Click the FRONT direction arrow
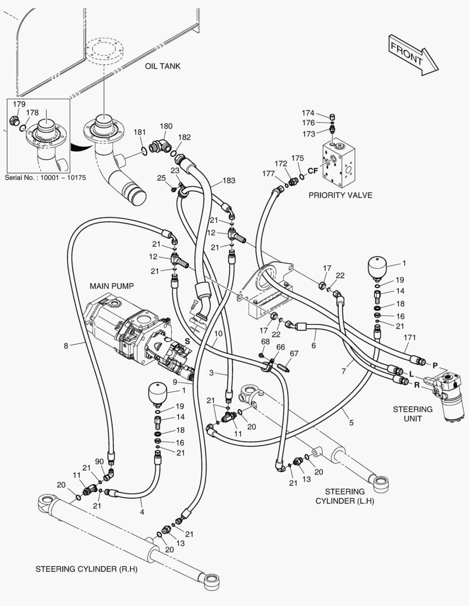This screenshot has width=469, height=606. point(413,55)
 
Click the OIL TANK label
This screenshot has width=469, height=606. point(162,66)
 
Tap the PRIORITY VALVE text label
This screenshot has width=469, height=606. point(340,195)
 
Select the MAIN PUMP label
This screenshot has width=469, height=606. point(112,286)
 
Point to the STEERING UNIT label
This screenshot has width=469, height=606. point(412,414)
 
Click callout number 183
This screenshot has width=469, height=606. point(229,180)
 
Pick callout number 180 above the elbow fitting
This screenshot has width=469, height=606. point(166,126)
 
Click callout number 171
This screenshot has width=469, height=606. point(409,337)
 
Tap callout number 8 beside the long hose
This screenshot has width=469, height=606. point(66,346)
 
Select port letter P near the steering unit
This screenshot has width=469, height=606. point(435,365)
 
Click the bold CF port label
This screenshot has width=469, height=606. point(313,171)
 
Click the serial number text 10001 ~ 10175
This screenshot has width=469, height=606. point(45,178)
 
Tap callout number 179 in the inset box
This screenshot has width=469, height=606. point(19,104)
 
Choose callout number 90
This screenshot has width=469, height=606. point(99,461)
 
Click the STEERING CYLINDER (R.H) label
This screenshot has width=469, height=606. point(86,570)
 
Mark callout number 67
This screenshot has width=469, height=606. point(294,353)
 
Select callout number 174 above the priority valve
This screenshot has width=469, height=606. point(308,113)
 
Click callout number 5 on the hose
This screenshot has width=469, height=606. point(352,423)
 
